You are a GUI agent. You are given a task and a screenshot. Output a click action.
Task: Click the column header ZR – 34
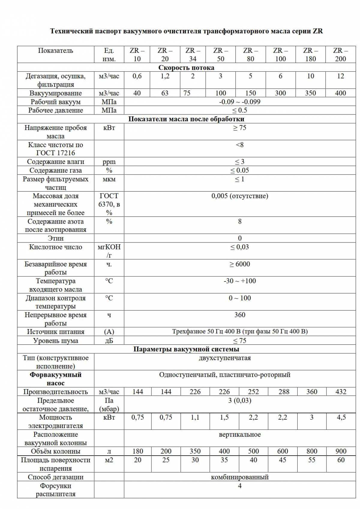[x=193, y=55]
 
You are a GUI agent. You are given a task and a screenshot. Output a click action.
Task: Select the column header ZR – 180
[x=310, y=55]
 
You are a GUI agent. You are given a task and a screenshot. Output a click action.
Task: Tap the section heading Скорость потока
[x=186, y=68]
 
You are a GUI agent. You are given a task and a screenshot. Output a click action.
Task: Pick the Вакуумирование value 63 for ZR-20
[x=165, y=93]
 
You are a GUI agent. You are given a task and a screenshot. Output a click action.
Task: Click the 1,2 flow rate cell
[x=165, y=76]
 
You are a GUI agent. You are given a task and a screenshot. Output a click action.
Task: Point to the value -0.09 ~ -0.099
[x=240, y=102]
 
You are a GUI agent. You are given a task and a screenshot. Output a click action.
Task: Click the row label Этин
[x=55, y=238]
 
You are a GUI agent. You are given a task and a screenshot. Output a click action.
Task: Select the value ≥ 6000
[x=240, y=264]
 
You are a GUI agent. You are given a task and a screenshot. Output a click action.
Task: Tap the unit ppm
[x=109, y=162]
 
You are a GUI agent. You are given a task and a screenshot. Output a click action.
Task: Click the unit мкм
[x=109, y=179]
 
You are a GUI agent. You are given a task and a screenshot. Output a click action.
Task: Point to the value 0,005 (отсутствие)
[x=240, y=196]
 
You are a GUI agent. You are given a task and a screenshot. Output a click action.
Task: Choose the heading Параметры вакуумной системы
[x=186, y=349]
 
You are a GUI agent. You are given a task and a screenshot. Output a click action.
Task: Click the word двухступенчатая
[x=225, y=358]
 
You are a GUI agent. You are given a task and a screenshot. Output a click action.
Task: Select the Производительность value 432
[x=341, y=392]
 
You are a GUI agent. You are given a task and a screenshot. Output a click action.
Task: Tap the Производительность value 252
[x=253, y=392]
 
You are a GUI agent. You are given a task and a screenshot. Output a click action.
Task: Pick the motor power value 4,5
[x=341, y=417]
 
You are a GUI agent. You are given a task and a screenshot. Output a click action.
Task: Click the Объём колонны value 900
[x=341, y=451]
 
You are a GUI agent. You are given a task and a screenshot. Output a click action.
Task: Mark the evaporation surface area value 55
[x=312, y=460]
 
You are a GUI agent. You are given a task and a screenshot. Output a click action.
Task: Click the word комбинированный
[x=240, y=477]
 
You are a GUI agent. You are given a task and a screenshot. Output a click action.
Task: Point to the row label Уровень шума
[x=55, y=341]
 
